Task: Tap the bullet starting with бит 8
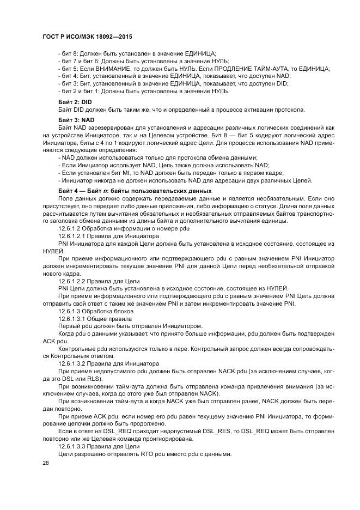coord(137,53)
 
